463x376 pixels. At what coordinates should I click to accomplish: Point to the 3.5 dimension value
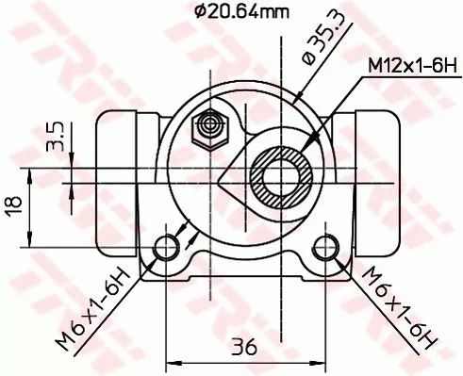tap(55, 138)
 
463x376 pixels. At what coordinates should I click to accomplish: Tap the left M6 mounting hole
tap(168, 248)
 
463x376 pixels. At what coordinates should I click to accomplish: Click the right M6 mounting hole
tap(325, 248)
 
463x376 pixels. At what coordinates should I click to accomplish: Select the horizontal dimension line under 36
tap(246, 361)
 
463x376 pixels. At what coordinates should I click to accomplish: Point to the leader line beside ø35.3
tap(300, 91)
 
